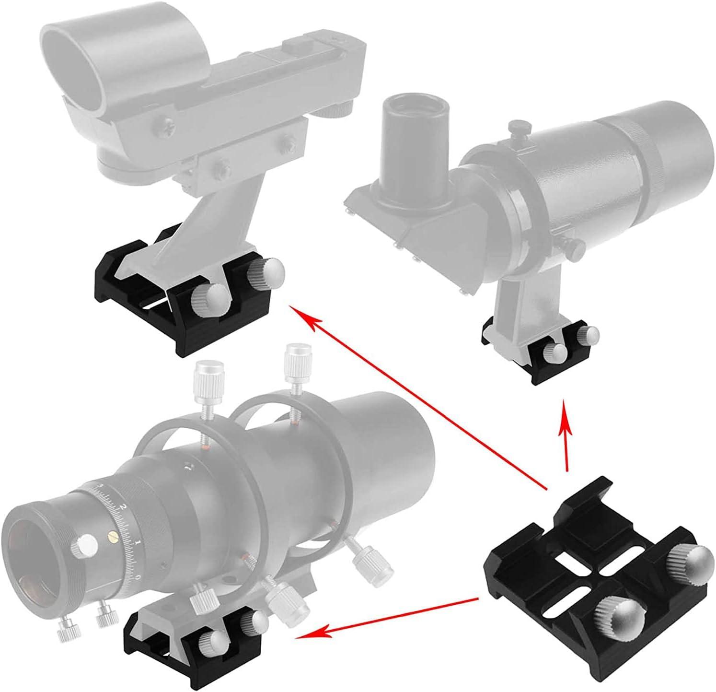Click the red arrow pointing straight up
(x=566, y=436)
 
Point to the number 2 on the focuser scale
(x=124, y=507)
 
